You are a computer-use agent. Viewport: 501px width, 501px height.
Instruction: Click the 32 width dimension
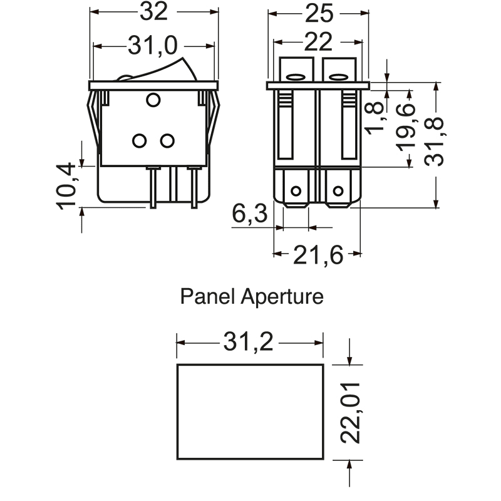[x=153, y=12]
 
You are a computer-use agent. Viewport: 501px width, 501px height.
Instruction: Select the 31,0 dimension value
[x=153, y=45]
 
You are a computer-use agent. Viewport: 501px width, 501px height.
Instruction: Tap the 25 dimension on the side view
[x=319, y=12]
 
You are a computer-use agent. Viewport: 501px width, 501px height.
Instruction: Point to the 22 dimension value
[x=319, y=43]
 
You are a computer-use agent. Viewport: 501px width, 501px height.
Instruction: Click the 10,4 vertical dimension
[x=66, y=185]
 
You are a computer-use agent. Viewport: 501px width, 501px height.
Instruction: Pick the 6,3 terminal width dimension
[x=250, y=215]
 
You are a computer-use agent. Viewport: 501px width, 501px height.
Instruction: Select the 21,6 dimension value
[x=318, y=255]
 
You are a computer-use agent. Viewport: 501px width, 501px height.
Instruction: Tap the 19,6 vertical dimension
[x=406, y=129]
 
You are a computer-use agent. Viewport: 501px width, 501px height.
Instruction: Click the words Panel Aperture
[x=252, y=296]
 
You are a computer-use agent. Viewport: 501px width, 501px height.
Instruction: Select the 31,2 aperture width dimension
[x=250, y=343]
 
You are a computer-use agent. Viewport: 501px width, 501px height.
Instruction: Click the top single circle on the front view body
[x=153, y=100]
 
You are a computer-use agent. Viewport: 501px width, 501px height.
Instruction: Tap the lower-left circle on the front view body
[x=140, y=141]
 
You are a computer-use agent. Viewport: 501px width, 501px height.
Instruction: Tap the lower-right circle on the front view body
[x=167, y=141]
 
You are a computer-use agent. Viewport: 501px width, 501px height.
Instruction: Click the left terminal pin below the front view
[x=152, y=187]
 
